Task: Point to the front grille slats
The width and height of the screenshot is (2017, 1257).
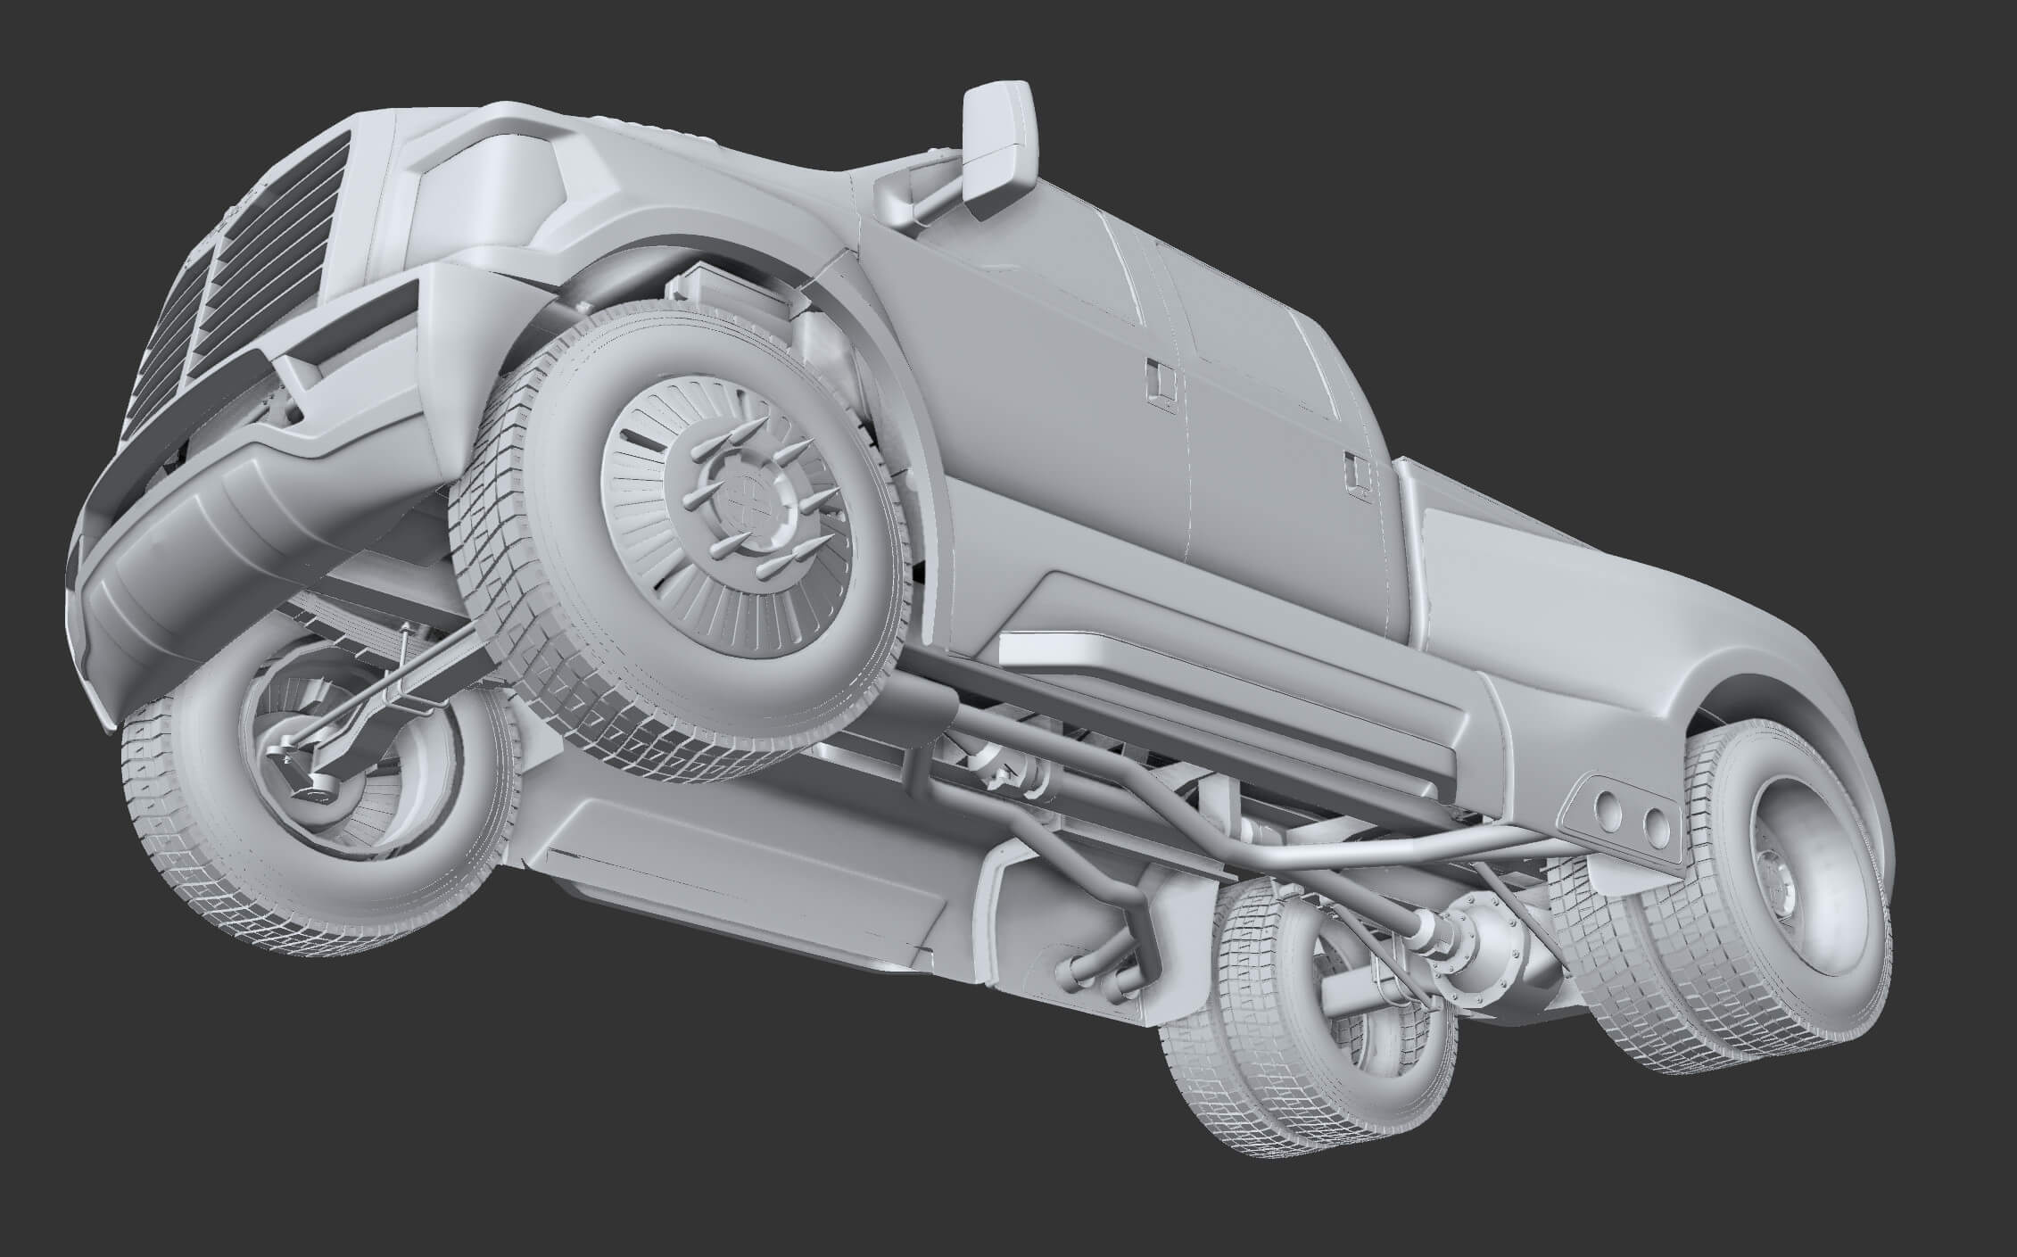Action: [268, 268]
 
